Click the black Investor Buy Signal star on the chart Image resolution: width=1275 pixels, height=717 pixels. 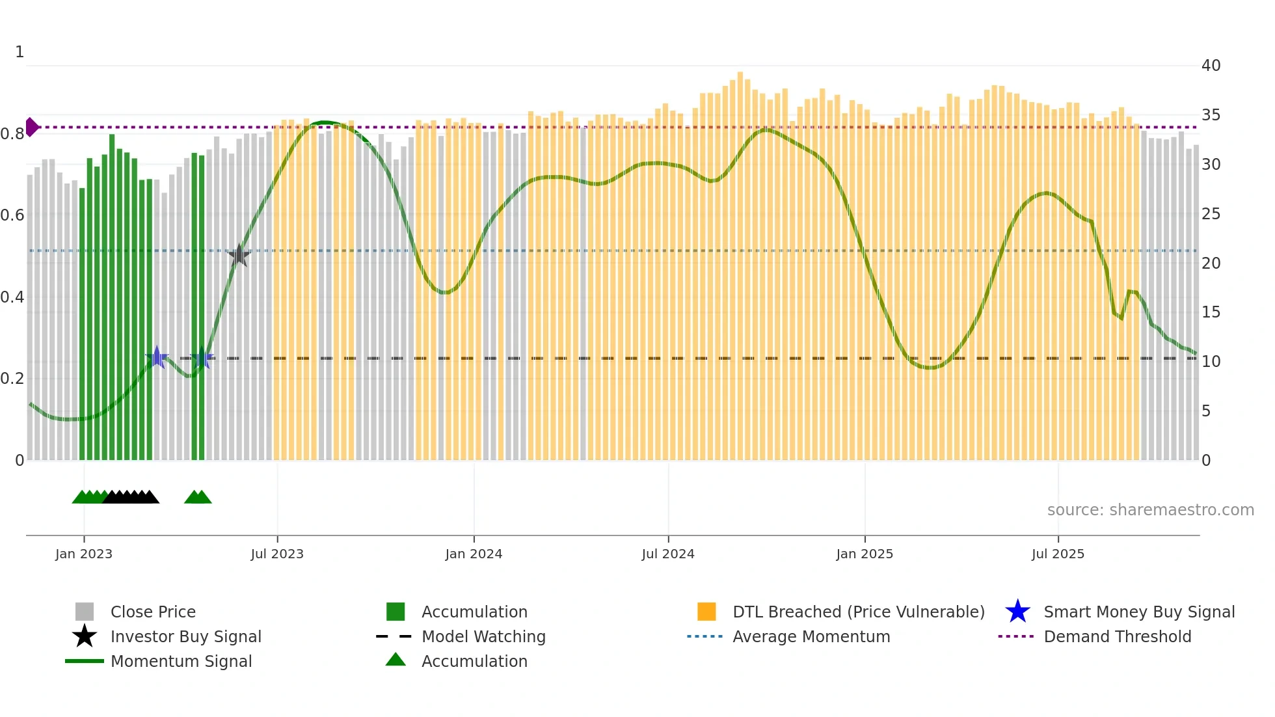(239, 255)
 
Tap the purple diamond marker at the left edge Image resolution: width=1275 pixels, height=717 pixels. (31, 127)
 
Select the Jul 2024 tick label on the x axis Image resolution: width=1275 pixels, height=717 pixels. (668, 554)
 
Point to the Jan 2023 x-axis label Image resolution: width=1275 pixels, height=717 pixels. (84, 554)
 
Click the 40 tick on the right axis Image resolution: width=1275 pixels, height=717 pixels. (1211, 66)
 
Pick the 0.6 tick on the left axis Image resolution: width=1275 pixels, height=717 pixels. (12, 215)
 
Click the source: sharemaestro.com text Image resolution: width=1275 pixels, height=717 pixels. (1150, 510)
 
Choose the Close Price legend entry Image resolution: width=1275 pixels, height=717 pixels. (153, 612)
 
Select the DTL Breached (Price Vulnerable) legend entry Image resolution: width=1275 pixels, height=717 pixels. (858, 612)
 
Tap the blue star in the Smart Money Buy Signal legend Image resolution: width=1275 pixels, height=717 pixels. (1017, 612)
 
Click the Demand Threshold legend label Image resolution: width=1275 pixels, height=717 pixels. (1117, 636)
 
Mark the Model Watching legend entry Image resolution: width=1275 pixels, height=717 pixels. (483, 636)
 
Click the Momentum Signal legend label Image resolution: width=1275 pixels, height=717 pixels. (181, 661)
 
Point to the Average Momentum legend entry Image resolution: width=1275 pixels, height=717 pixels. (811, 636)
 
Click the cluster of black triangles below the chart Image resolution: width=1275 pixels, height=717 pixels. (131, 497)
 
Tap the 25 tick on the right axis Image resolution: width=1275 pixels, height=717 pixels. (1211, 214)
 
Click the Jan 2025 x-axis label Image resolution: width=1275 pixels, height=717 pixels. (865, 554)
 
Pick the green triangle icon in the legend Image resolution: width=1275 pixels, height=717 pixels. (396, 660)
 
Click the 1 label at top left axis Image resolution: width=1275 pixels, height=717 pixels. (20, 52)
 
